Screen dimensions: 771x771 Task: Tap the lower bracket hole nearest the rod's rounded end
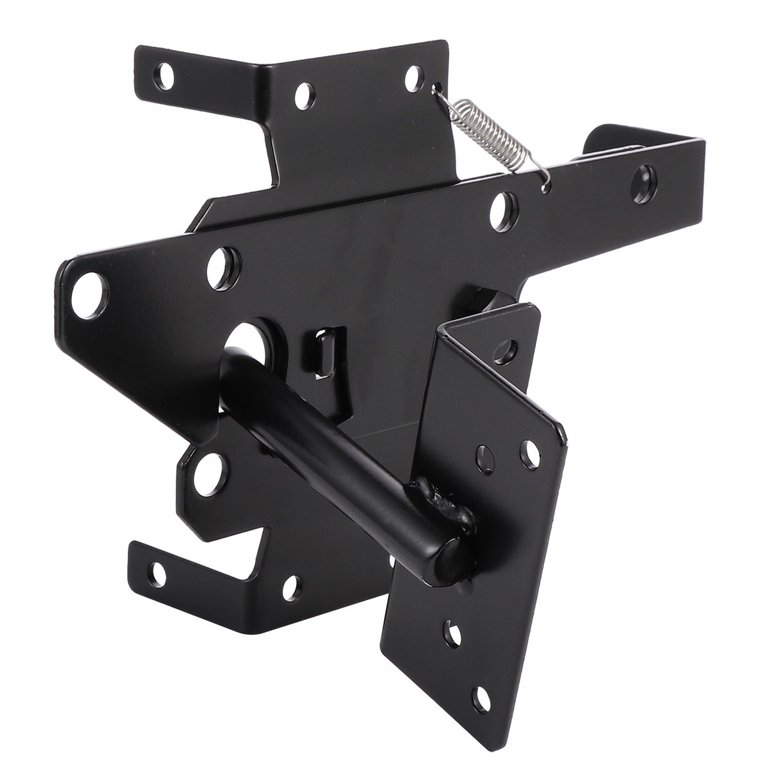(x=291, y=585)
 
